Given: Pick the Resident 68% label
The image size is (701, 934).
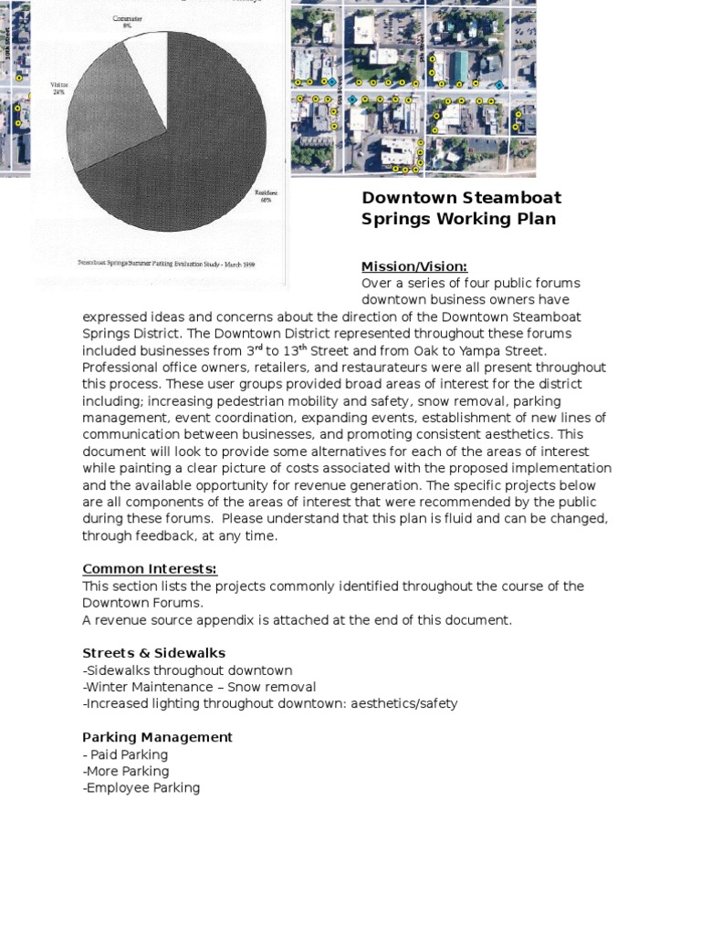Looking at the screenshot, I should click(x=267, y=196).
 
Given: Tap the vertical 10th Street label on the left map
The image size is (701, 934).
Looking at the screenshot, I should click(x=7, y=43).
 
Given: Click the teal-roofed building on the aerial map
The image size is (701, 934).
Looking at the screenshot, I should click(x=458, y=65).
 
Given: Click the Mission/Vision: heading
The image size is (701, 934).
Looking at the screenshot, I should click(x=414, y=266).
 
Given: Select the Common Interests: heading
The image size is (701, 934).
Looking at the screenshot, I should click(x=150, y=569).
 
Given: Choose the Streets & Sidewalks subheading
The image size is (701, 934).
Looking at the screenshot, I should click(x=153, y=653).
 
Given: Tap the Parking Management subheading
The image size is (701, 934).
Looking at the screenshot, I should click(x=157, y=737).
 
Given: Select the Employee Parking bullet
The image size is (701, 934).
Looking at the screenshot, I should click(x=142, y=788).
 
